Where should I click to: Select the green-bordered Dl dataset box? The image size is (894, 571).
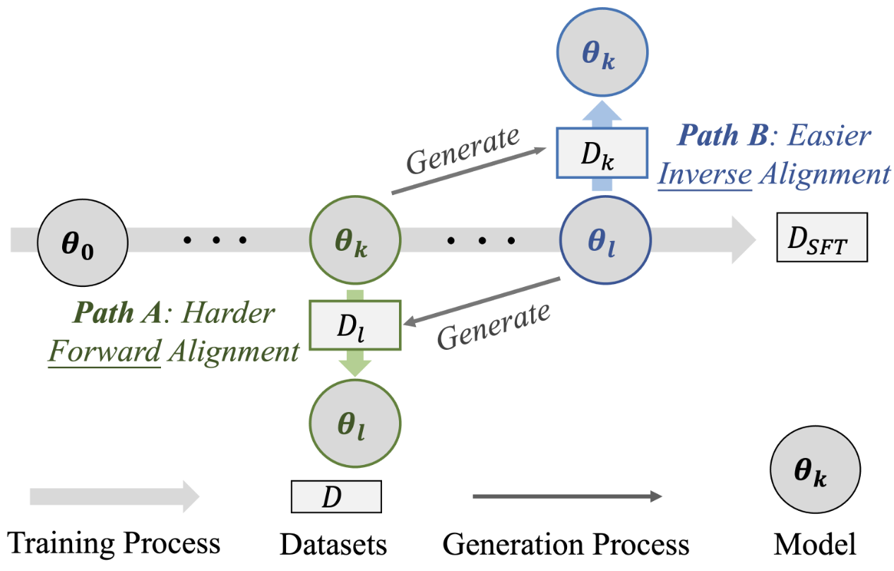tap(355, 325)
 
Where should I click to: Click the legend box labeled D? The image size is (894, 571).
tap(336, 496)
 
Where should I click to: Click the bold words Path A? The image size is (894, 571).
tap(119, 313)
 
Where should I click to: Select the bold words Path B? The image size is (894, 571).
tap(721, 136)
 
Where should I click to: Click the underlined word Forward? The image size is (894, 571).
tap(104, 351)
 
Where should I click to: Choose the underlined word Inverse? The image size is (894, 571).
tap(704, 174)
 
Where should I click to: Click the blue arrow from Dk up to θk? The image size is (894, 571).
tap(601, 112)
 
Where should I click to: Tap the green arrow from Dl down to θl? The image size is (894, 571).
tap(355, 365)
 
